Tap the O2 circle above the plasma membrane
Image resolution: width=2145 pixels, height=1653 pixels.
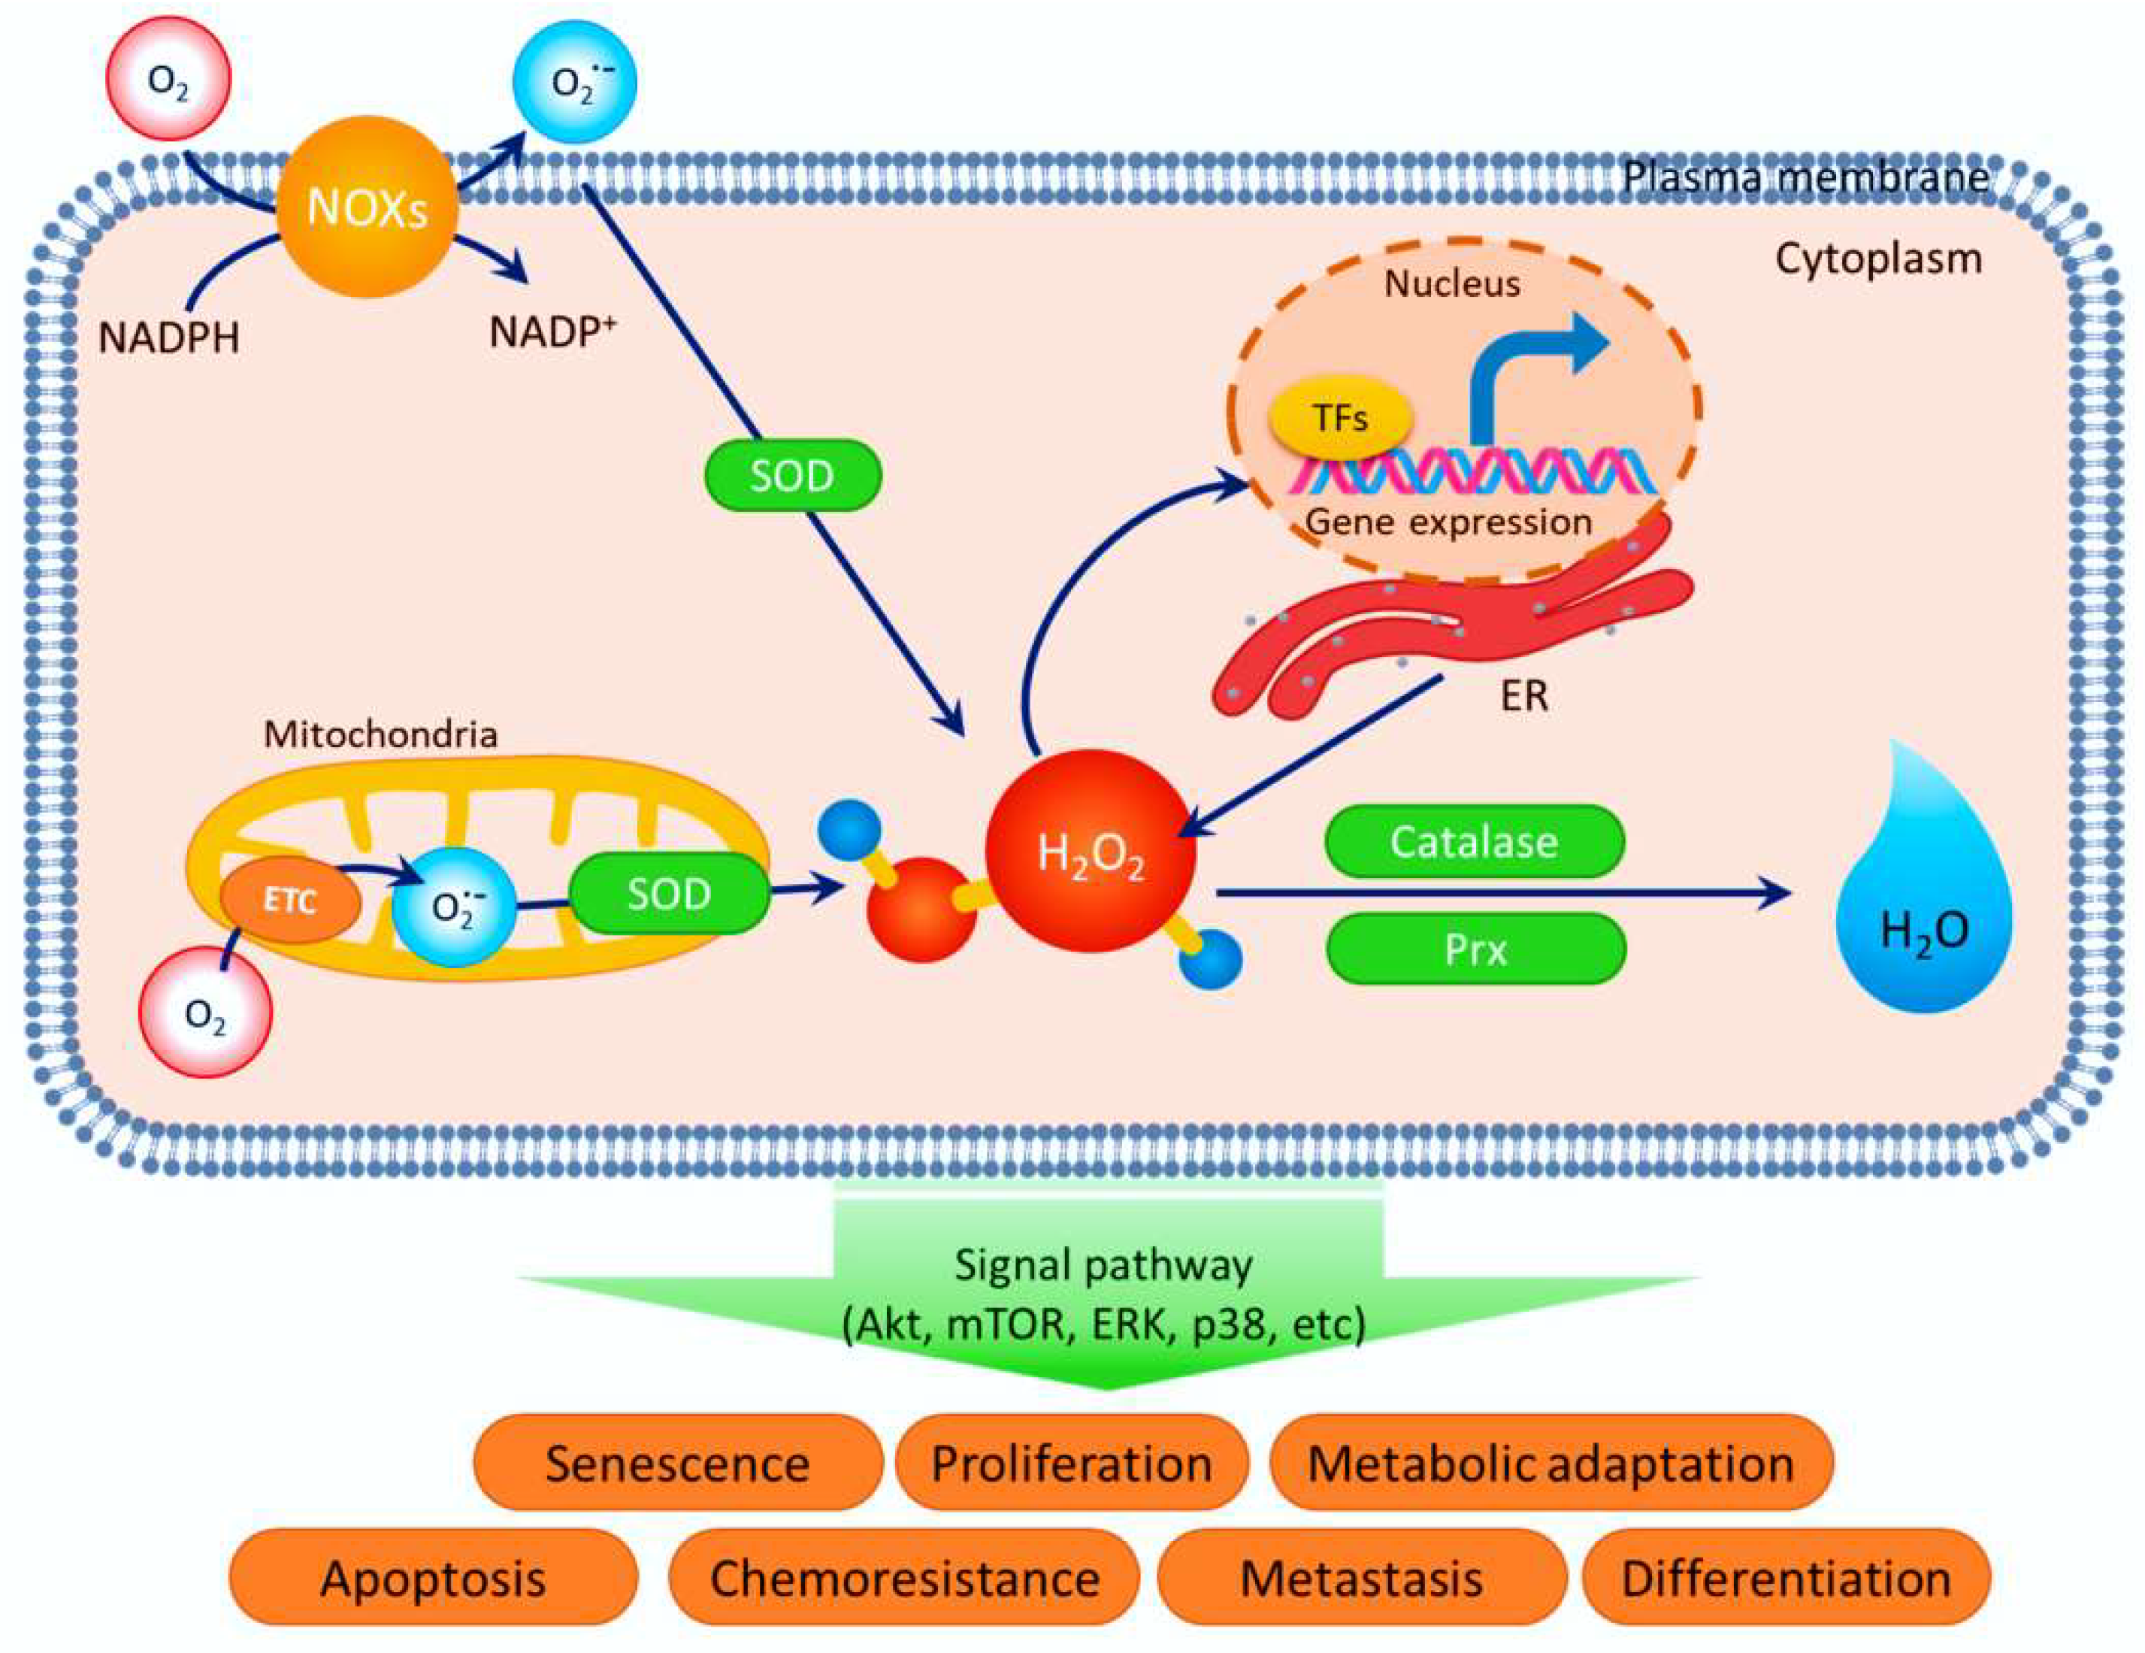[169, 79]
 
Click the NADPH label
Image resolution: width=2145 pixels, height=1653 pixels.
[169, 338]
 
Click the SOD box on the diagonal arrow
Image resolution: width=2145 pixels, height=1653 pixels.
[793, 475]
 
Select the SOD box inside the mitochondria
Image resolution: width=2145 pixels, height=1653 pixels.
[669, 893]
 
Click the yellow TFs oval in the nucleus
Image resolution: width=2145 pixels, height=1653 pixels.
[1341, 419]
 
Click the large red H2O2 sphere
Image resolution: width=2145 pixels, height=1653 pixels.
[1091, 852]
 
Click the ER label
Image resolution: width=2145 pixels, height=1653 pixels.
[1524, 695]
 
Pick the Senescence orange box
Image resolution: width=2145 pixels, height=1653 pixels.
[676, 1464]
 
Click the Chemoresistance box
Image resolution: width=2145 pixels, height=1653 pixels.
[903, 1579]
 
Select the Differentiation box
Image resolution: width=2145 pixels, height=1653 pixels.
[1786, 1579]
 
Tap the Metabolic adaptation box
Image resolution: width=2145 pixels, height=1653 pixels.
[1551, 1464]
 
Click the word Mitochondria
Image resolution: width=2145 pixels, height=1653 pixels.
[380, 734]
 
